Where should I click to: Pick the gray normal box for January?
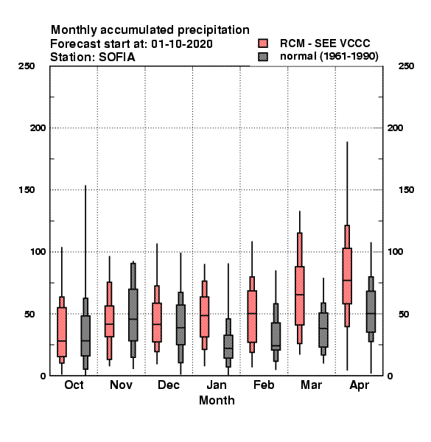coord(228,346)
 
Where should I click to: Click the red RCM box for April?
coord(347,276)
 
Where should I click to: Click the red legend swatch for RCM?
coord(263,43)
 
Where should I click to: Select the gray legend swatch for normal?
coord(263,57)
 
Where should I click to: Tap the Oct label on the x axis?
coord(74,385)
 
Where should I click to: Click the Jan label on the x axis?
coord(217,385)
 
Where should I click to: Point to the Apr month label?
coord(359,385)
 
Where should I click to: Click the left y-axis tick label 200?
coord(38,128)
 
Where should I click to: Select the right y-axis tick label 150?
coord(407,190)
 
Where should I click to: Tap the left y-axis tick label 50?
coord(30,314)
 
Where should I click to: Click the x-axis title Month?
coord(217,400)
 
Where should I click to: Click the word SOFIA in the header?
coord(116,57)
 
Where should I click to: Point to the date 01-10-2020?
coord(182,44)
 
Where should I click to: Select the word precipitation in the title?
coord(214,30)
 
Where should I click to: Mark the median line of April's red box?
coord(347,280)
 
